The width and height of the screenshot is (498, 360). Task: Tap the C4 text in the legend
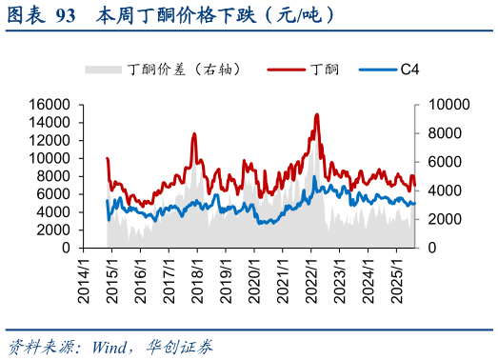pyautogui.click(x=410, y=70)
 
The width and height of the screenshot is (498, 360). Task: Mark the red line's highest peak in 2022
pyautogui.click(x=316, y=114)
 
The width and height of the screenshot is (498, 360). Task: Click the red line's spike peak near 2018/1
pyautogui.click(x=194, y=134)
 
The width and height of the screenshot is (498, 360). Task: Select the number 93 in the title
pyautogui.click(x=66, y=15)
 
